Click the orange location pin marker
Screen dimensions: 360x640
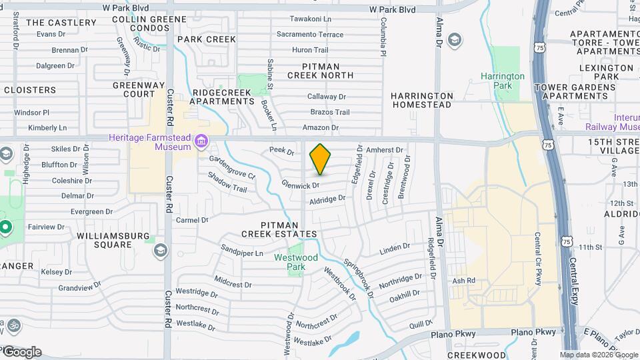pos(320,159)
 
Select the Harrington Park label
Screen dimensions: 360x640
pos(503,81)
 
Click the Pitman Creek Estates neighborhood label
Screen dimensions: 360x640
pos(279,229)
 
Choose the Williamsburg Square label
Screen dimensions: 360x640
pos(104,240)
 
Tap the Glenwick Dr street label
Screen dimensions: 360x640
pos(301,183)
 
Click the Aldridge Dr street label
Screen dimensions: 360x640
pos(327,199)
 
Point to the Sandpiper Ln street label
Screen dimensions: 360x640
pos(242,253)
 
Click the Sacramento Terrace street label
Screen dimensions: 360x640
pos(310,34)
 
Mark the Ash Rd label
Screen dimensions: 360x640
pos(463,281)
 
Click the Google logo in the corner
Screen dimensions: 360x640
pos(21,352)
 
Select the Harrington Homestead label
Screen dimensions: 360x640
pos(422,100)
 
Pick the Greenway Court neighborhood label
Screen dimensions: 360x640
pos(134,89)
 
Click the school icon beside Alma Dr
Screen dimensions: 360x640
pos(455,40)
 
